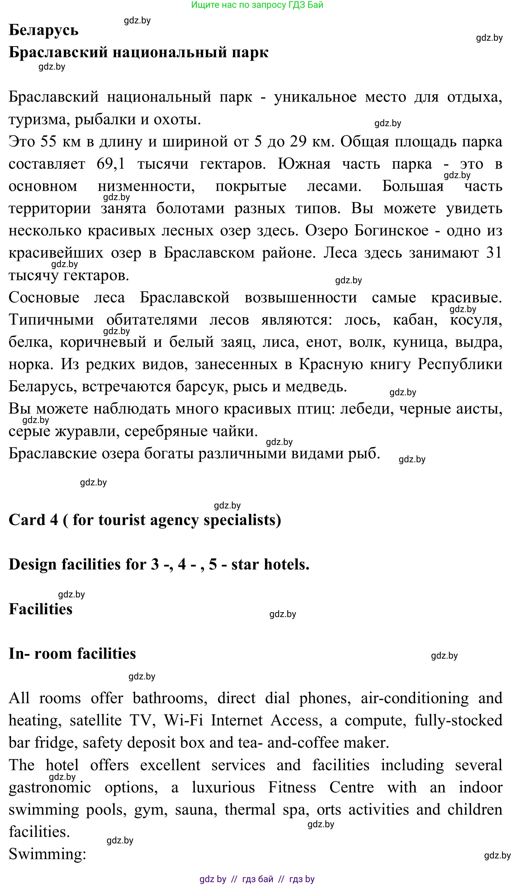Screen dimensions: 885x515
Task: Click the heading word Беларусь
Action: (44, 30)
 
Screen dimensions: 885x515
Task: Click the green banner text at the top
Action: (257, 5)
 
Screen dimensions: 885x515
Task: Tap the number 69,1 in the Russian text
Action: (111, 164)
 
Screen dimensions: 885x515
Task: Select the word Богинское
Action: (391, 231)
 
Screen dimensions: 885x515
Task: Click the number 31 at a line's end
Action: (494, 253)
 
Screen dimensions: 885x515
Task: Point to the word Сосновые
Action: (44, 298)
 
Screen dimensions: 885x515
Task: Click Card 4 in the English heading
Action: (33, 520)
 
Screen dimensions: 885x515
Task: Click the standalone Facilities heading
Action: (41, 609)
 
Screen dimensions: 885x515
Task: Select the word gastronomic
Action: (50, 788)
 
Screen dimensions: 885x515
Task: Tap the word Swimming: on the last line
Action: (47, 854)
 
